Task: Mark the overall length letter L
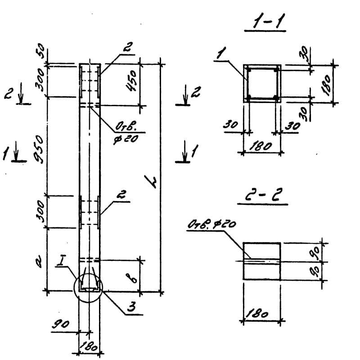coord(152,182)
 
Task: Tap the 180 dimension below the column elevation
coord(89,347)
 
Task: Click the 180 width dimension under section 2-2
coord(261,314)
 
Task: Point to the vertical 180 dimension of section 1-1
coord(327,83)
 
